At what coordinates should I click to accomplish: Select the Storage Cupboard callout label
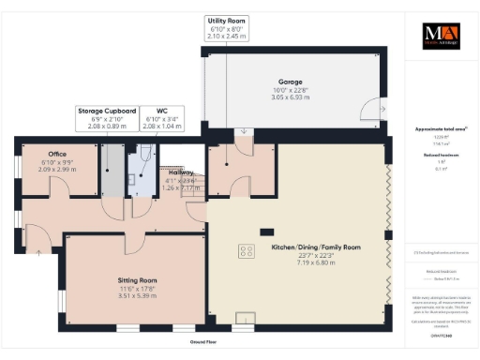pyautogui.click(x=109, y=111)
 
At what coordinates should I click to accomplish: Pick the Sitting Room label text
pyautogui.click(x=137, y=279)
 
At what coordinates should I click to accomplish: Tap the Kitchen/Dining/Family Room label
pyautogui.click(x=316, y=247)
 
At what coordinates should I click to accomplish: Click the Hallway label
pyautogui.click(x=181, y=172)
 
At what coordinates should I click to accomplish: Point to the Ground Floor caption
pyautogui.click(x=198, y=342)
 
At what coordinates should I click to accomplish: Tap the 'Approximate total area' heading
pyautogui.click(x=442, y=128)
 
